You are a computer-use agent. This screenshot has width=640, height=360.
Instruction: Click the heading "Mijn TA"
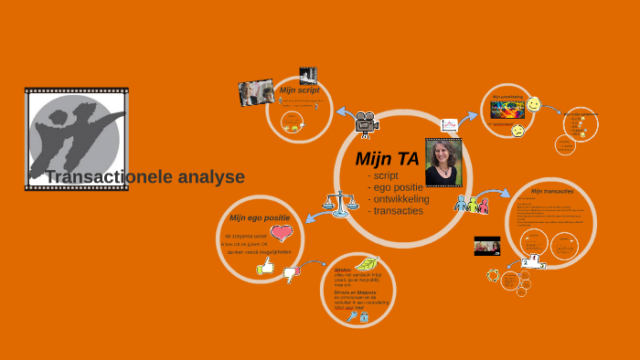(x=387, y=159)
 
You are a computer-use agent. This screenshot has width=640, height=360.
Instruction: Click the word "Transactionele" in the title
(x=101, y=177)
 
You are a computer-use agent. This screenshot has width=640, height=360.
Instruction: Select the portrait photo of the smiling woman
(x=443, y=163)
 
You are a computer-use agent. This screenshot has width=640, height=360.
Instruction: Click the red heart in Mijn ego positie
(x=282, y=233)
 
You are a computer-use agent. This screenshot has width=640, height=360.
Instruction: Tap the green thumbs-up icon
(x=266, y=266)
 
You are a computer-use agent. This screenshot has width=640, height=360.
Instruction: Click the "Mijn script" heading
(x=299, y=90)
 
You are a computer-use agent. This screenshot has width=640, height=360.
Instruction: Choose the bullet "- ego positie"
(x=395, y=186)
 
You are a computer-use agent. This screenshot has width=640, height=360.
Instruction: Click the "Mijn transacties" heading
(x=552, y=192)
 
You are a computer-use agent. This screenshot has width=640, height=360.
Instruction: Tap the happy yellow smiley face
(x=534, y=105)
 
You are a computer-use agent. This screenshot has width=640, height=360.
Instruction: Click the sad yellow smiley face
(x=517, y=132)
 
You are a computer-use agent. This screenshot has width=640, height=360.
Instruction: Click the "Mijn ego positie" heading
(x=260, y=217)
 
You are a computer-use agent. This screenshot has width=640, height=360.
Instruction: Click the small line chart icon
(x=449, y=125)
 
